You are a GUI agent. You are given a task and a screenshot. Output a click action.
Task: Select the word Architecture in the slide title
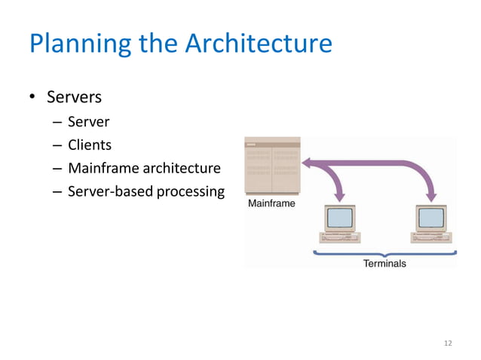tap(258, 43)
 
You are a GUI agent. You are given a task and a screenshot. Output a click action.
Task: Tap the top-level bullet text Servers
tap(74, 98)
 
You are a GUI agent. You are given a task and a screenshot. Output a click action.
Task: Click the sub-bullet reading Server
tap(88, 121)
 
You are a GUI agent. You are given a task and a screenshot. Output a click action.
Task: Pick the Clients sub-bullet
tap(89, 145)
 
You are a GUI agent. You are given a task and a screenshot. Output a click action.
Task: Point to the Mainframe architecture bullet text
tap(144, 168)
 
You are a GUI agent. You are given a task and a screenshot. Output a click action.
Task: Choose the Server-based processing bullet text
tap(146, 191)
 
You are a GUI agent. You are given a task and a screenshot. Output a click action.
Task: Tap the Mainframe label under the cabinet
tap(271, 203)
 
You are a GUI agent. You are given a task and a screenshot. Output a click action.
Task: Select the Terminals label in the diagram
tap(384, 264)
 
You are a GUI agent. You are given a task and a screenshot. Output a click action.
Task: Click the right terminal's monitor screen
tap(432, 218)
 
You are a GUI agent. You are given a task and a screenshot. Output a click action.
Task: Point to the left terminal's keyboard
tap(340, 238)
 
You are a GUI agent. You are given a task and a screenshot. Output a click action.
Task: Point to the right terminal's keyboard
tap(432, 238)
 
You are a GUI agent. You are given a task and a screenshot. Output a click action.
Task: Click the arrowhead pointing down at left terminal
tap(339, 197)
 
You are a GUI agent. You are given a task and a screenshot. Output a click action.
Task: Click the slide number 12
tap(448, 343)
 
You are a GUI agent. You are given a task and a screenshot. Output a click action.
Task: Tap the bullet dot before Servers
tap(33, 99)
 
